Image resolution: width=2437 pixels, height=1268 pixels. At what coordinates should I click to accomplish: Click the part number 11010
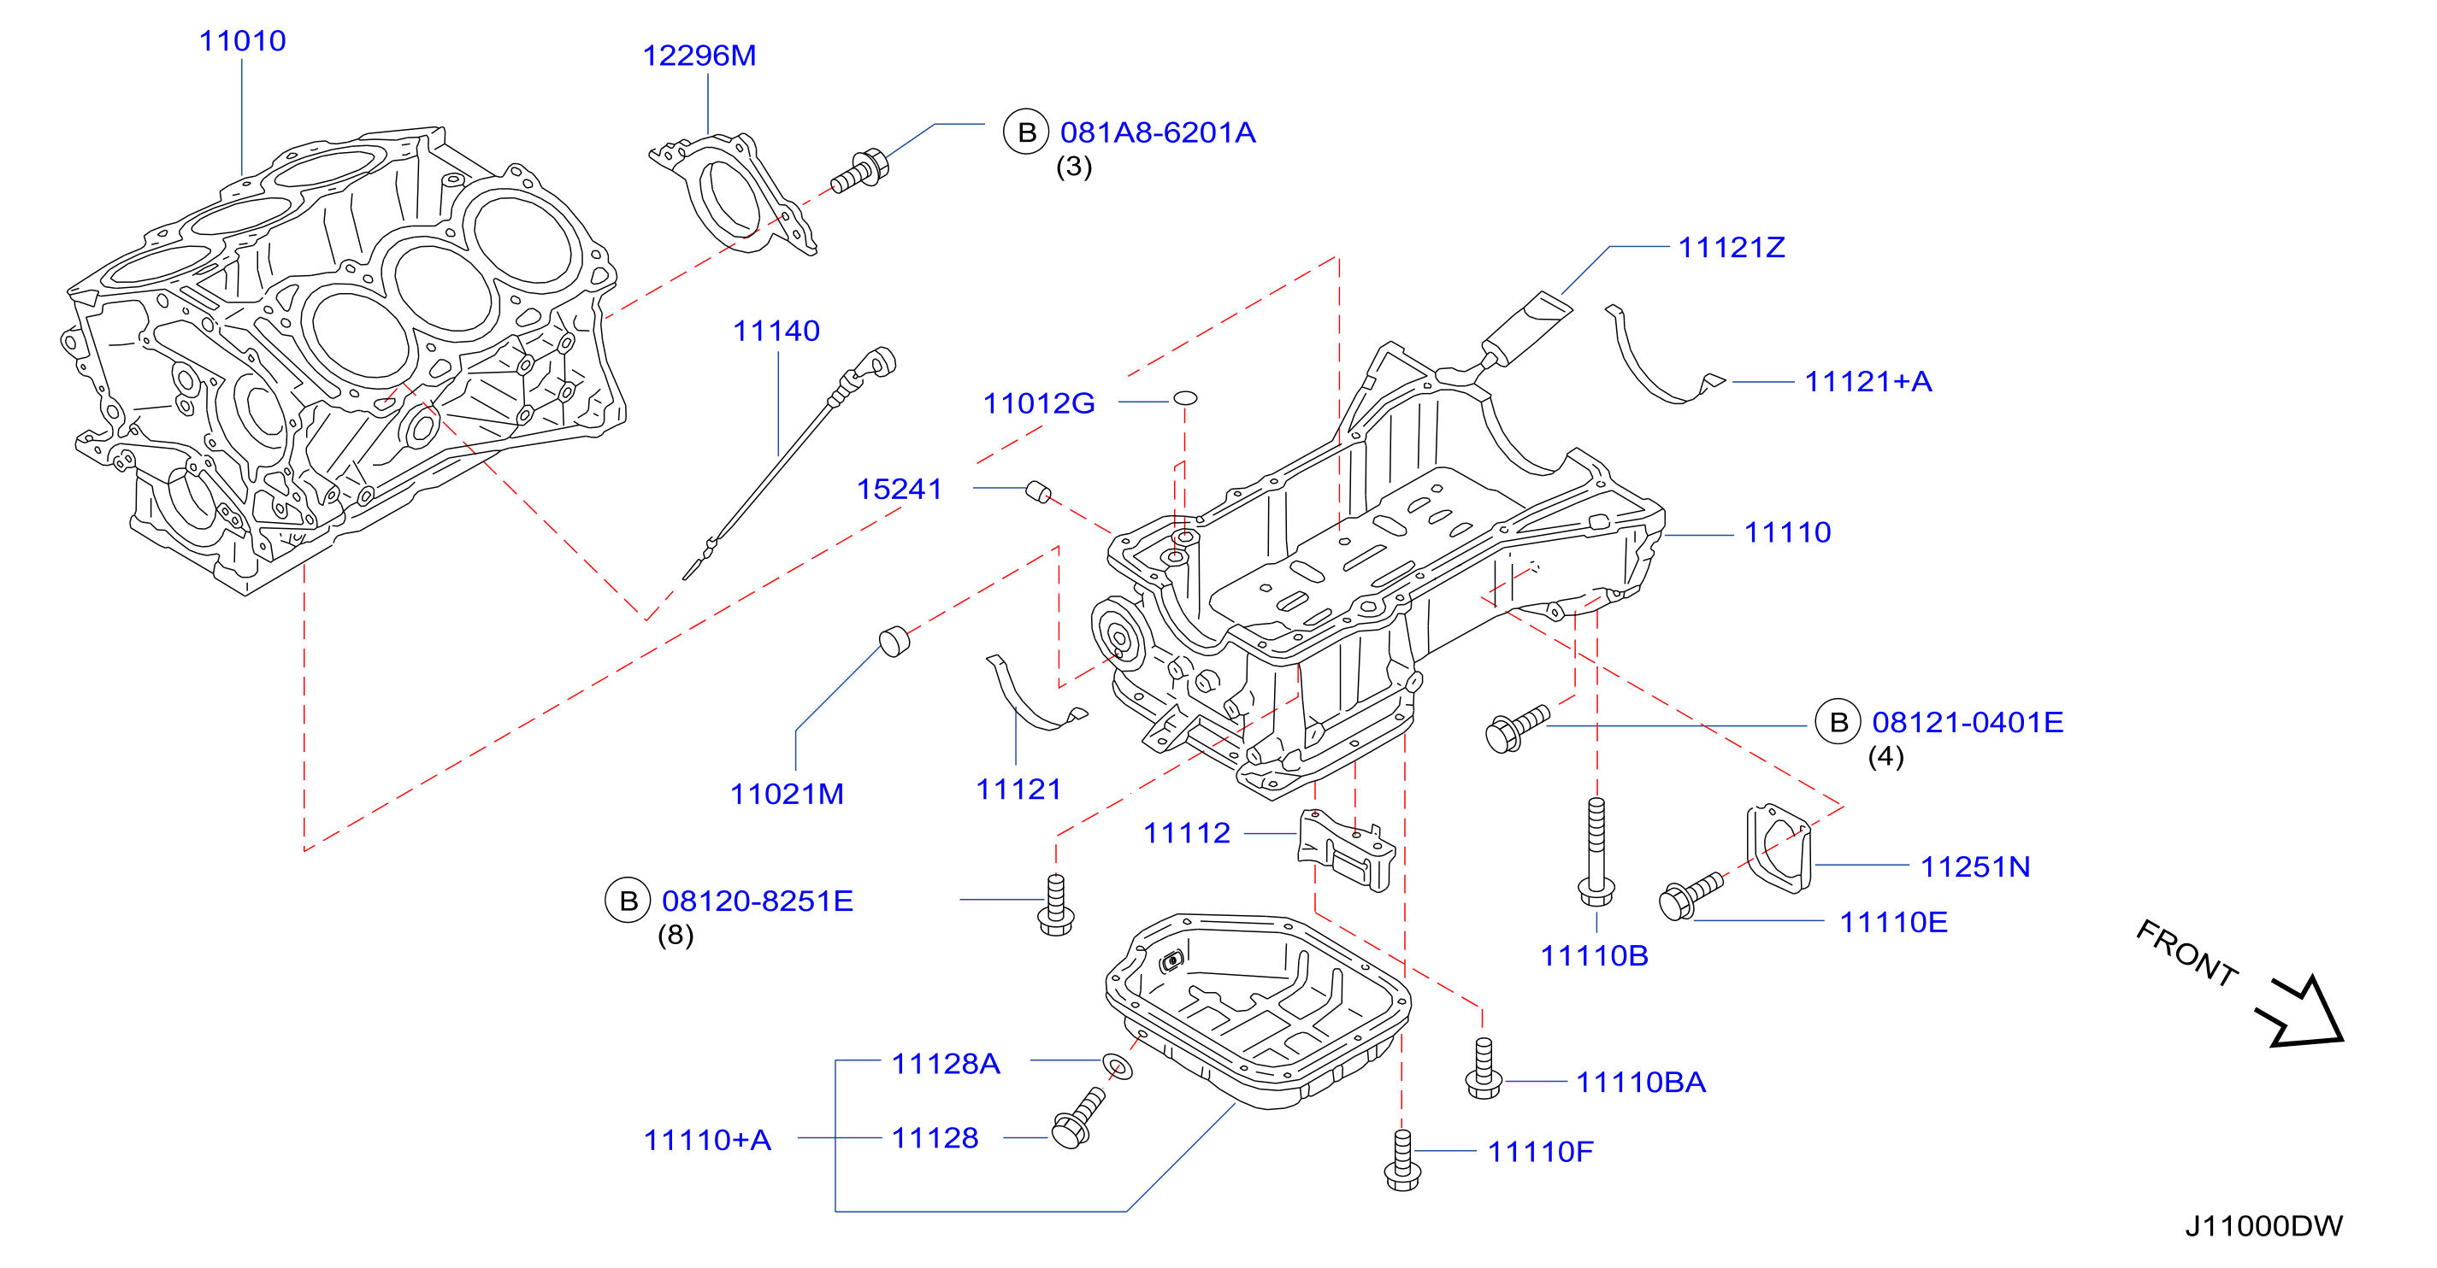pos(242,41)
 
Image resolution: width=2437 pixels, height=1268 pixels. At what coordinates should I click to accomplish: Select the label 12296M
pos(699,56)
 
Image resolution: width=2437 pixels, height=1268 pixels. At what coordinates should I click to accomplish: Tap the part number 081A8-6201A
pos(1157,132)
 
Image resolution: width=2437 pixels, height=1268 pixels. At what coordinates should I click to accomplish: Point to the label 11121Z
pos(1732,248)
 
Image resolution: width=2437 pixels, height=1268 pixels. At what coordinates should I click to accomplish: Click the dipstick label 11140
pos(776,331)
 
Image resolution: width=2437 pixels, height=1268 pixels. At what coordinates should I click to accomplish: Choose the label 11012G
pos(1039,404)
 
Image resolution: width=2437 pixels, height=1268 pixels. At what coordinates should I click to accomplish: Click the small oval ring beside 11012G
pos(1185,398)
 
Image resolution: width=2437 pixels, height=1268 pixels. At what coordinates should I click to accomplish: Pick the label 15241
pos(899,489)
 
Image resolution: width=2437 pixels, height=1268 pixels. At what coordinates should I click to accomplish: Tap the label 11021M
pos(786,795)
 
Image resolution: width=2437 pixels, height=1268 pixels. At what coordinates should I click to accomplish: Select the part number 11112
pos(1186,833)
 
